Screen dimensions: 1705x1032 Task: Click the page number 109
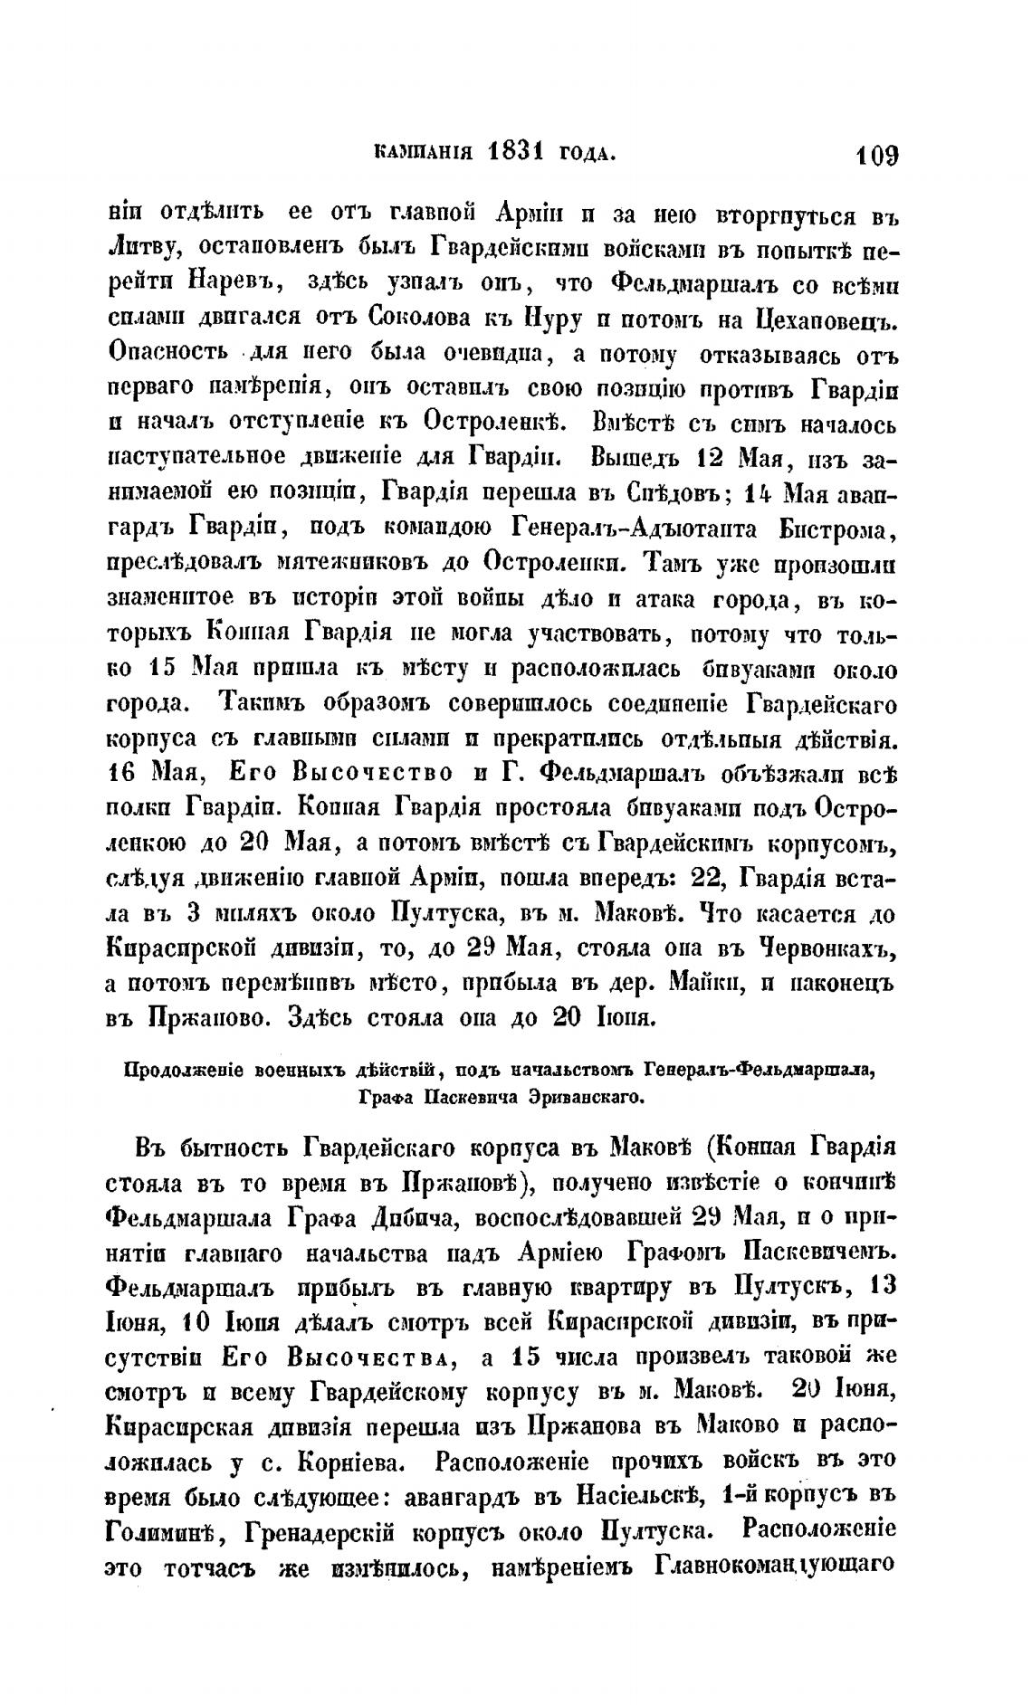(x=873, y=155)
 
